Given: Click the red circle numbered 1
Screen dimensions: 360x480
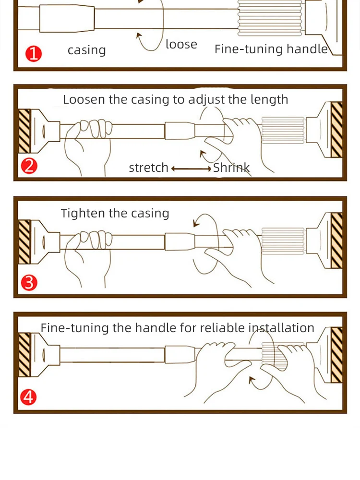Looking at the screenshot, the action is pyautogui.click(x=34, y=54).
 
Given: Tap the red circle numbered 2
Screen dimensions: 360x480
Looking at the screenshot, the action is pyautogui.click(x=29, y=166).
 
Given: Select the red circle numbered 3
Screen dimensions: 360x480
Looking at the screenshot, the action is pyautogui.click(x=29, y=283).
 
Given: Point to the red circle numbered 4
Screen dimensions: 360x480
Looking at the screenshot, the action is pyautogui.click(x=28, y=397).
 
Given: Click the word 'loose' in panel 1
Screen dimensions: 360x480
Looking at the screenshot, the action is pyautogui.click(x=181, y=44).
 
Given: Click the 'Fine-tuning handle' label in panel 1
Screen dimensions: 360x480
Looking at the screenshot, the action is pyautogui.click(x=271, y=49).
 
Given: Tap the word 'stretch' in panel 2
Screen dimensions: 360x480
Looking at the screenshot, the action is pyautogui.click(x=148, y=168).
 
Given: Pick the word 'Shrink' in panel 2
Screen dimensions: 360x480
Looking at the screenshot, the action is pyautogui.click(x=231, y=168).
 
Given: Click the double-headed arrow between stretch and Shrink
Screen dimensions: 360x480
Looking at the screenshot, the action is pyautogui.click(x=191, y=168).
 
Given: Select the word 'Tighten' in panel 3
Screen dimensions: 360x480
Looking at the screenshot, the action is pyautogui.click(x=83, y=213).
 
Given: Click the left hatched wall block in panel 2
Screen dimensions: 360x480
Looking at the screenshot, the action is pyautogui.click(x=25, y=131).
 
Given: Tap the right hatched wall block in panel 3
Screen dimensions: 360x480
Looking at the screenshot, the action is pyautogui.click(x=337, y=240).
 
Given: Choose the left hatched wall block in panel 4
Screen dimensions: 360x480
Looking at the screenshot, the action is pyautogui.click(x=25, y=355).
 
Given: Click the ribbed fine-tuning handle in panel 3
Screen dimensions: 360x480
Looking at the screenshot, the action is pyautogui.click(x=283, y=241).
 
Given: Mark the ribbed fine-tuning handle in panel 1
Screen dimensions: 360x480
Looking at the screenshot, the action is pyautogui.click(x=270, y=18).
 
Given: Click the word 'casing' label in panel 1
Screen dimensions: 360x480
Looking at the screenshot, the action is pyautogui.click(x=86, y=50).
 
